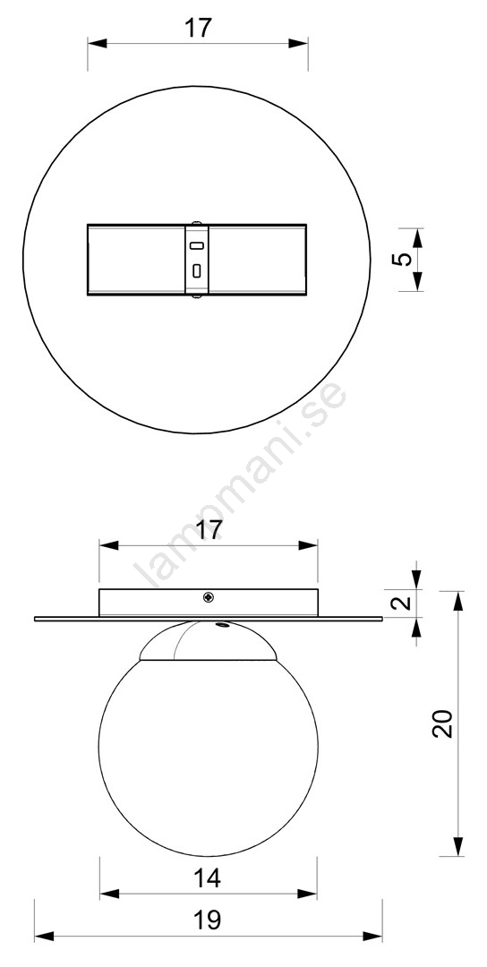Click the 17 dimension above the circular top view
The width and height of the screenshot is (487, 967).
[x=198, y=28]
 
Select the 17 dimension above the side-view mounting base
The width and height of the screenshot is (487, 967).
[x=209, y=530]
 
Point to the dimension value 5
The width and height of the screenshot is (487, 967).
[x=401, y=259]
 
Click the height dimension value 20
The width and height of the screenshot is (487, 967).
[x=443, y=723]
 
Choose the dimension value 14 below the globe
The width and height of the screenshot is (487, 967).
[x=207, y=878]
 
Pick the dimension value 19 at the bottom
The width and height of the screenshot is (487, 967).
[x=207, y=920]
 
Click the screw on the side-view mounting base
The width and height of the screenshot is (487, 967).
[x=209, y=597]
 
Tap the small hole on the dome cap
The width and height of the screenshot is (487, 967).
[x=220, y=625]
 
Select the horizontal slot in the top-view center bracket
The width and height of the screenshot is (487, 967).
[x=197, y=246]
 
